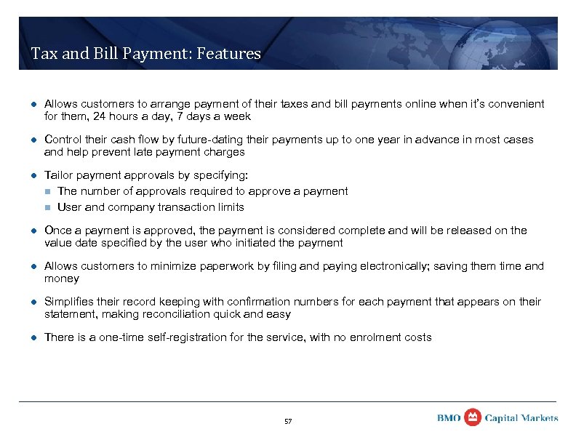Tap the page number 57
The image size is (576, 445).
(287, 421)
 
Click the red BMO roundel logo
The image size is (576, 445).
(473, 417)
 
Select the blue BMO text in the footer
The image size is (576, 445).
(449, 418)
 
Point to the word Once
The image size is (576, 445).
(58, 230)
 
